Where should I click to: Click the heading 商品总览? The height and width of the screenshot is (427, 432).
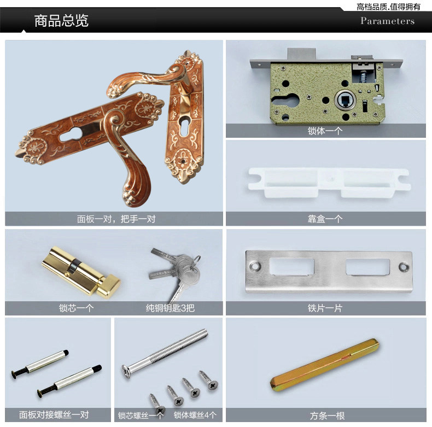(61, 21)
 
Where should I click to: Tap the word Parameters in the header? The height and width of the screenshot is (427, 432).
(387, 21)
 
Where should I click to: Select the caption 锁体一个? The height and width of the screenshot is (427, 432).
(325, 131)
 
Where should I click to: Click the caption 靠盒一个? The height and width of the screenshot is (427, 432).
(325, 219)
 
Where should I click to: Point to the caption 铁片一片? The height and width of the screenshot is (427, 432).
(325, 308)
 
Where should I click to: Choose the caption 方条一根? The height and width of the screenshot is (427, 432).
(327, 416)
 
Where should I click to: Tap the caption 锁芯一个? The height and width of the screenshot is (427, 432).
(77, 308)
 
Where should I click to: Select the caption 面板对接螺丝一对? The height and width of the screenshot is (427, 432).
(54, 415)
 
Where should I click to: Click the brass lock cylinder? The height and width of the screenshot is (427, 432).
(79, 268)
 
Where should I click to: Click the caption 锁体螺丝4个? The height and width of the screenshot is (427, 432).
(195, 416)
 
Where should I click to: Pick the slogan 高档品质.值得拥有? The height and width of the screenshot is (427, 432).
(388, 7)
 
